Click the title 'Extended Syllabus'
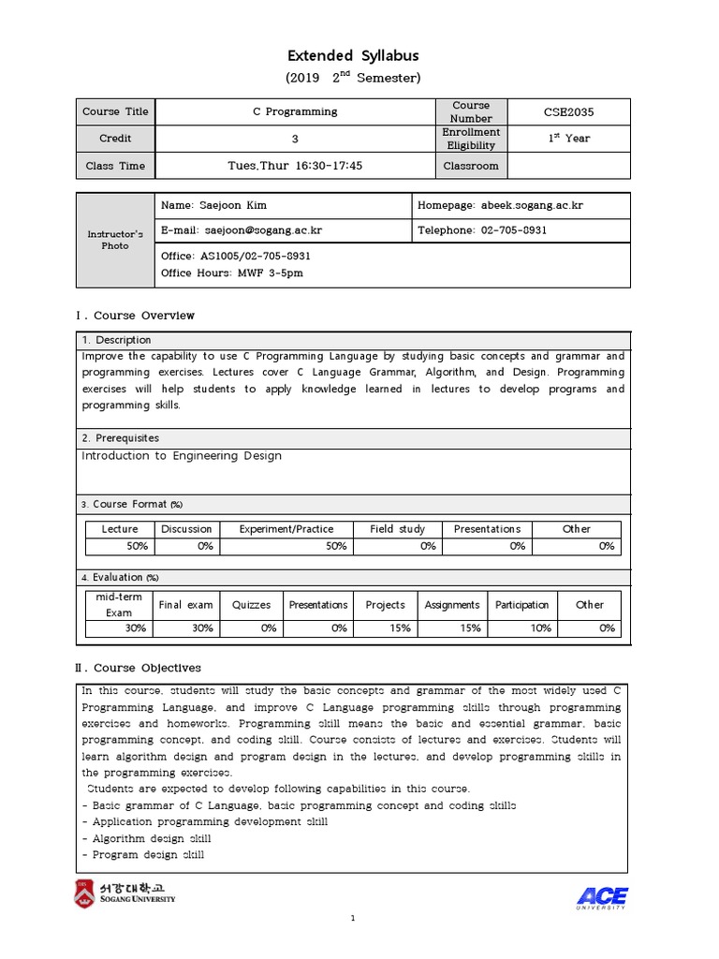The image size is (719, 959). tap(352, 56)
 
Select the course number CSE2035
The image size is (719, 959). tap(568, 112)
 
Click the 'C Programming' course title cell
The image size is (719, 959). tap(295, 111)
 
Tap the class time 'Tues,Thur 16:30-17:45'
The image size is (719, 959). tap(295, 166)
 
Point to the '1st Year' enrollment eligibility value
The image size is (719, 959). tap(568, 139)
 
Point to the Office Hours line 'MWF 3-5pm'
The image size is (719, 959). tap(232, 273)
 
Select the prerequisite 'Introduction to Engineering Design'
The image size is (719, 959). tap(182, 456)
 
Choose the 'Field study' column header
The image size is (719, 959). tap(397, 529)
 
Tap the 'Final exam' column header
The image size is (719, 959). tap(186, 605)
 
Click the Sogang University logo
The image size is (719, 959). tap(125, 894)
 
